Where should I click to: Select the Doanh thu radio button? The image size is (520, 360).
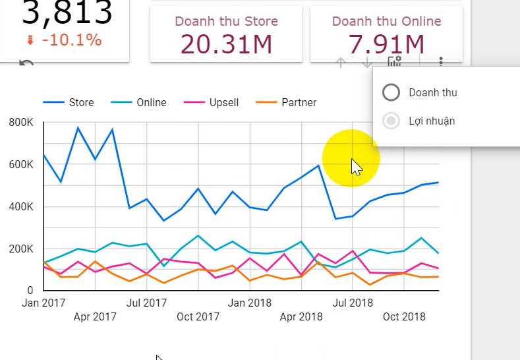pyautogui.click(x=391, y=92)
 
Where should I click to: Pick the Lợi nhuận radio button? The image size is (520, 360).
pyautogui.click(x=391, y=121)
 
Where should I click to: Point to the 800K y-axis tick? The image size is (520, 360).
pyautogui.click(x=22, y=123)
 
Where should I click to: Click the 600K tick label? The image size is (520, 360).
pyautogui.click(x=22, y=164)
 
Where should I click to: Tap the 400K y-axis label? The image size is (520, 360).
pyautogui.click(x=22, y=206)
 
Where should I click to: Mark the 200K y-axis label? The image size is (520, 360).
pyautogui.click(x=22, y=249)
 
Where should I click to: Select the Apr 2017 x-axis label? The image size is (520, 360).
pyautogui.click(x=95, y=316)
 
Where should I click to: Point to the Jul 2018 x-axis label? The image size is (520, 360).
pyautogui.click(x=351, y=303)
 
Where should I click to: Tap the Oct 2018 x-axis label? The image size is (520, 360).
pyautogui.click(x=403, y=316)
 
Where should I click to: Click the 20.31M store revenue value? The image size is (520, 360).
pyautogui.click(x=226, y=44)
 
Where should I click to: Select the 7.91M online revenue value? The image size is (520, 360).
pyautogui.click(x=386, y=44)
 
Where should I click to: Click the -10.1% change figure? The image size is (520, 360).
pyautogui.click(x=71, y=40)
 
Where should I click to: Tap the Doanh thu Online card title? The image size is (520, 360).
pyautogui.click(x=386, y=21)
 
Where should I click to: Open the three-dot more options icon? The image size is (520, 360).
pyautogui.click(x=441, y=62)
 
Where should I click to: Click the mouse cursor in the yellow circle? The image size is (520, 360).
pyautogui.click(x=356, y=167)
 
